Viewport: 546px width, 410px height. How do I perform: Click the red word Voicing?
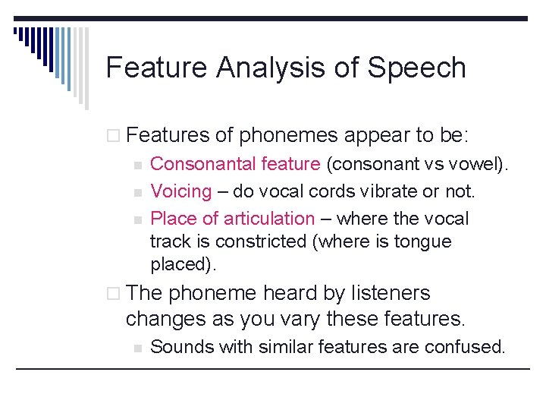point(180,191)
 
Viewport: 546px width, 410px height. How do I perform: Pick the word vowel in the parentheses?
point(482,163)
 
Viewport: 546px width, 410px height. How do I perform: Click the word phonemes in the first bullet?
point(287,136)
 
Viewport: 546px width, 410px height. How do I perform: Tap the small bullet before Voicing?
point(137,192)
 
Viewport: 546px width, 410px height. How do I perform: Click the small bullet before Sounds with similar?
point(137,348)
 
